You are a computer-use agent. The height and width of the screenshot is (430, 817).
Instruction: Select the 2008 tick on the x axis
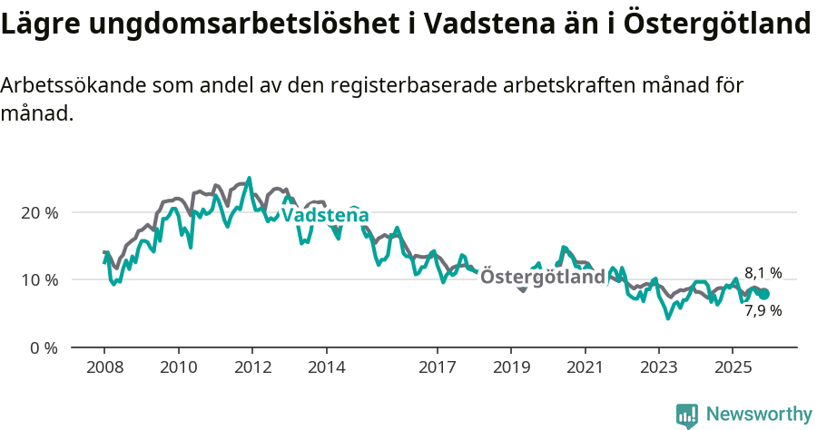click(104, 368)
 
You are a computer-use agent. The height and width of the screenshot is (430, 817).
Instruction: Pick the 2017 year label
click(438, 368)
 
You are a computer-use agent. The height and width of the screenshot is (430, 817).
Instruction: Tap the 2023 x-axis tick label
click(659, 368)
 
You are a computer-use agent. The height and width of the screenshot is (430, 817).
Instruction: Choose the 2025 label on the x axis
click(733, 368)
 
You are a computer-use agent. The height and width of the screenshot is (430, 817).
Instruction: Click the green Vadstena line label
click(325, 216)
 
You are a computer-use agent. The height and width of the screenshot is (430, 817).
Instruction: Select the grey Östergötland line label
click(542, 277)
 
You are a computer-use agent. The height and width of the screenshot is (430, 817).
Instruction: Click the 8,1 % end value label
click(763, 272)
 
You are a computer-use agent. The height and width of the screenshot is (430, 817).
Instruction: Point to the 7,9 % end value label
click(763, 310)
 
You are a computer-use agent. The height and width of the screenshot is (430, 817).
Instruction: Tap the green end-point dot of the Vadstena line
click(763, 294)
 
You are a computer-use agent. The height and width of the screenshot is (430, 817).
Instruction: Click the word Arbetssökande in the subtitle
click(73, 86)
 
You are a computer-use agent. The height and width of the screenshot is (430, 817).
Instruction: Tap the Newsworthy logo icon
click(687, 415)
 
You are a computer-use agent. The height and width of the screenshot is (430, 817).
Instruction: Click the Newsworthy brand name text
click(758, 415)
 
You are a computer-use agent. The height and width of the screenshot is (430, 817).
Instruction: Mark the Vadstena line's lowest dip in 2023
click(668, 318)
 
